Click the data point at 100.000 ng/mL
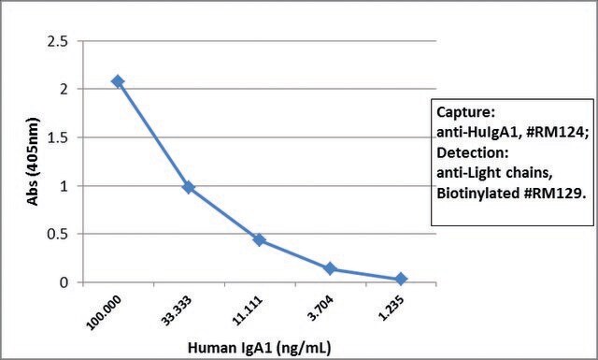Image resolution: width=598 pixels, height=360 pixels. [x=118, y=81]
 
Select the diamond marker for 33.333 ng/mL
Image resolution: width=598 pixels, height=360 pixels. [x=189, y=187]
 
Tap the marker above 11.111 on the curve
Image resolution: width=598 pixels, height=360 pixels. [x=260, y=240]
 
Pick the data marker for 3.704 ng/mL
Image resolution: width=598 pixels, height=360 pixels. [x=330, y=268]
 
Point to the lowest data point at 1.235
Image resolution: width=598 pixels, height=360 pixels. [x=401, y=279]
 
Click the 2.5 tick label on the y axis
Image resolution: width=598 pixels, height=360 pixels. [x=57, y=41]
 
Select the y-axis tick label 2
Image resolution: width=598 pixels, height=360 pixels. [x=64, y=89]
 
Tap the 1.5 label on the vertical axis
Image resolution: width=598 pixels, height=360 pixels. [x=57, y=137]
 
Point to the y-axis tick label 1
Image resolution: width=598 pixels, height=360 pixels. [x=64, y=186]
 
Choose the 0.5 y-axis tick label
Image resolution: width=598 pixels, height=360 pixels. [x=57, y=234]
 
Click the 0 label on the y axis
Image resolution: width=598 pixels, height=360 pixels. [x=64, y=282]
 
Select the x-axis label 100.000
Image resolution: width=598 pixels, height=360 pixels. [x=105, y=312]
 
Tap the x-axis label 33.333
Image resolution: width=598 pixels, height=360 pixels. [x=177, y=310]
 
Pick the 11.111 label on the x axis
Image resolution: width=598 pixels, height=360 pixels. [x=248, y=310]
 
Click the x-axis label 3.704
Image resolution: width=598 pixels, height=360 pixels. [x=320, y=308]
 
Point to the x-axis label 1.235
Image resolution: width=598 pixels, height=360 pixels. [x=392, y=308]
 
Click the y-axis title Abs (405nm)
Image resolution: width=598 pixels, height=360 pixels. [x=34, y=162]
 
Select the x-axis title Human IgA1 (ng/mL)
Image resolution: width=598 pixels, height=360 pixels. [x=260, y=348]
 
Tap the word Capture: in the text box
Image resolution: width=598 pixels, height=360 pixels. [x=465, y=112]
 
